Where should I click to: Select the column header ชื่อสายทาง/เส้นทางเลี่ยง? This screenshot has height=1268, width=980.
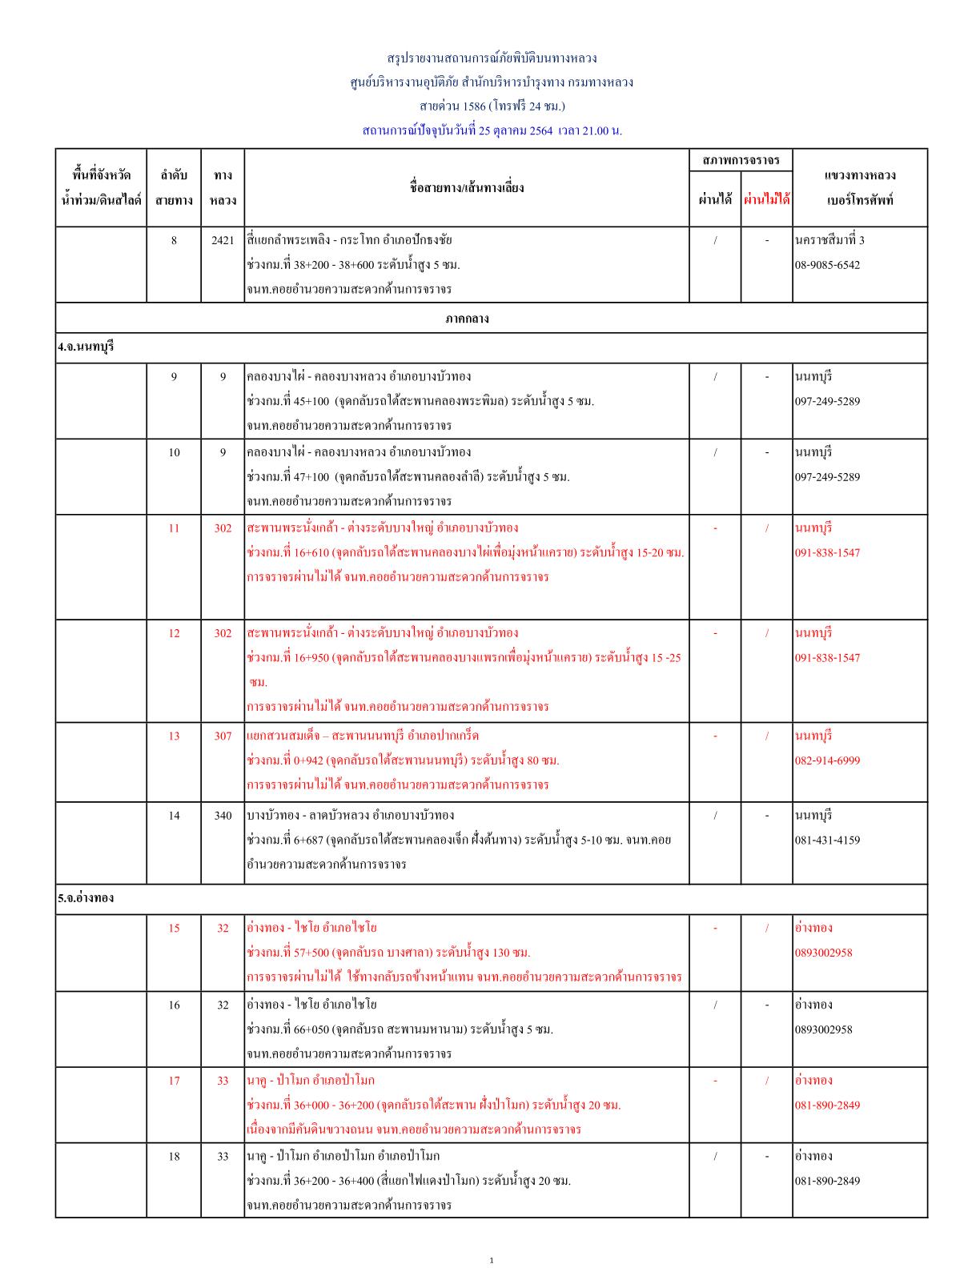pos(466,188)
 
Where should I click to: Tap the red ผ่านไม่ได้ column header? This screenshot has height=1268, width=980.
pos(766,199)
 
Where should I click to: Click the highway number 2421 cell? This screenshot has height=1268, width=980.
pos(223,240)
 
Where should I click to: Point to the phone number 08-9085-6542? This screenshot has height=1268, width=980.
pos(828,265)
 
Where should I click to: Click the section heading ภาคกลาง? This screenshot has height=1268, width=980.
pos(467,319)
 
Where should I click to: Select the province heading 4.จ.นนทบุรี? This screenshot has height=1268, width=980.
pos(86,347)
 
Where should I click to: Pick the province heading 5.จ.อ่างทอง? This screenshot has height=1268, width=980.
pos(86,898)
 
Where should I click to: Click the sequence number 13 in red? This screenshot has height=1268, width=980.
pos(174,736)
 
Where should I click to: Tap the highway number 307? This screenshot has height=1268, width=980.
pos(223,736)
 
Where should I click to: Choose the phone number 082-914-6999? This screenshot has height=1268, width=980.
pos(828,760)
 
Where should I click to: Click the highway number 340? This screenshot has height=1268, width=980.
pos(223,815)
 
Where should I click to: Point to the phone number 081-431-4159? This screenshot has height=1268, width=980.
pos(828,840)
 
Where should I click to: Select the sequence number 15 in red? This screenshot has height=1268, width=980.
pos(174,928)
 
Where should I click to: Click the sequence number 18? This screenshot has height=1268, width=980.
pos(174,1156)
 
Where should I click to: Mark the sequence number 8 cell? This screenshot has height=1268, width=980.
pos(174,240)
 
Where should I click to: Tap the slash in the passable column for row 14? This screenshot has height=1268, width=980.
pos(715,815)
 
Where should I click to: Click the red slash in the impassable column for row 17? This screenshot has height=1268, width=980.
pos(766,1081)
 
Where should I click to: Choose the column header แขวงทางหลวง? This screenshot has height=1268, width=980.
pos(860,175)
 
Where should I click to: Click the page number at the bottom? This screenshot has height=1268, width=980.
pos(491,1261)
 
